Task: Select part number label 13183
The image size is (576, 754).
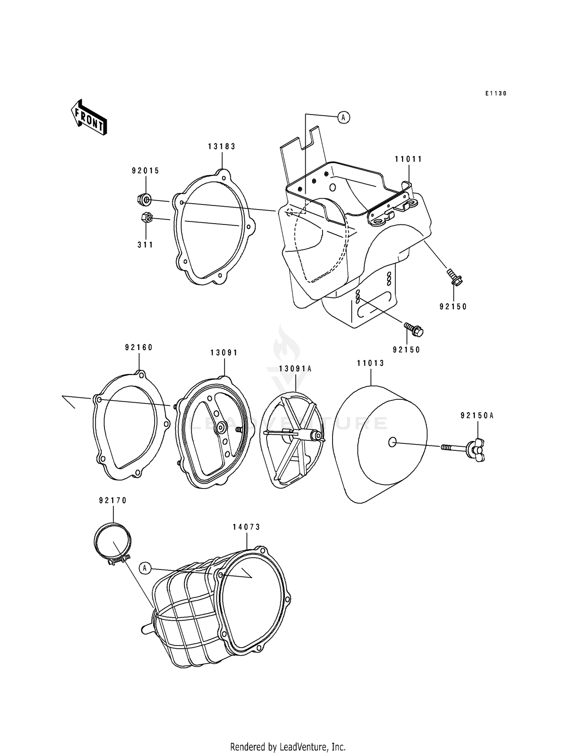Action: [x=222, y=146]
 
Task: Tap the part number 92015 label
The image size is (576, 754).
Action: [x=146, y=171]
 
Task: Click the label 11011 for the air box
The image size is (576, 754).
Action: [x=409, y=159]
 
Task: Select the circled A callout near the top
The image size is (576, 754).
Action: [x=343, y=117]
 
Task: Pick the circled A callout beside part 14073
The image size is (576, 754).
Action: [x=145, y=568]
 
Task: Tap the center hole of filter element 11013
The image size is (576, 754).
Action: [x=392, y=442]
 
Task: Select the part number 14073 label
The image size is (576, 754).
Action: [x=246, y=527]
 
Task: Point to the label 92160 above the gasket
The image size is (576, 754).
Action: [x=139, y=347]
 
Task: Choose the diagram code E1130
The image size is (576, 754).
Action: [x=496, y=93]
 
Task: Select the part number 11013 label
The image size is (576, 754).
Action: [x=371, y=363]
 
